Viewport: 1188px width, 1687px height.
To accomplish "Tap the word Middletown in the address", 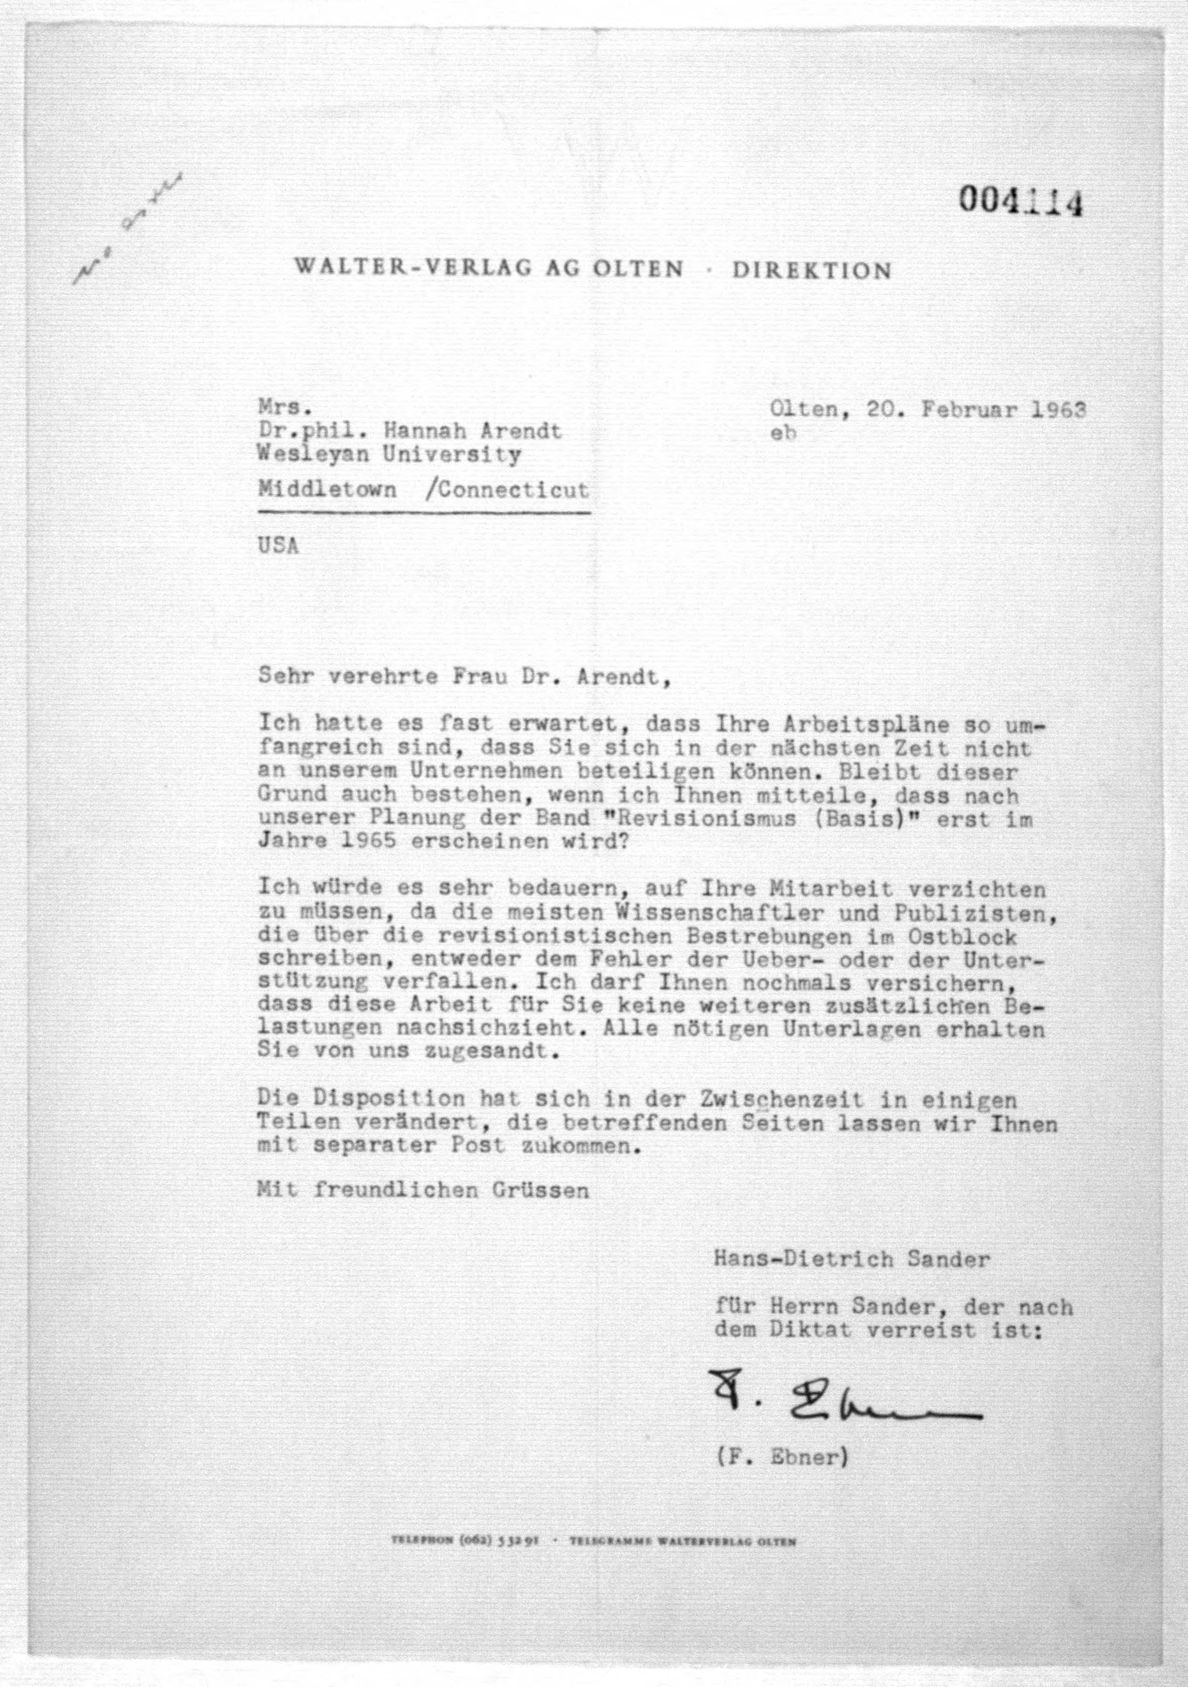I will point(327,489).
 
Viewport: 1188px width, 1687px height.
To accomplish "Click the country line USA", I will point(278,547).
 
